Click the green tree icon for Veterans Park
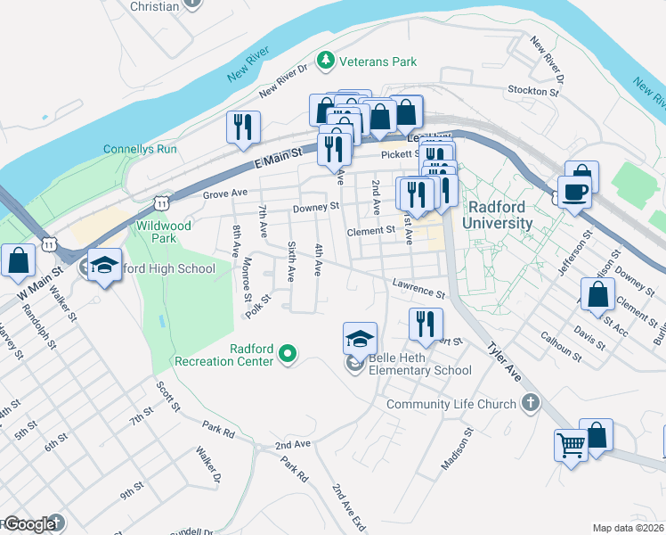point(327,61)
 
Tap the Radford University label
point(498,215)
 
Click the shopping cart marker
point(571,443)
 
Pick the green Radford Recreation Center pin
point(287,354)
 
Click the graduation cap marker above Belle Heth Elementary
point(360,339)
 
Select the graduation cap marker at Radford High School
point(104,265)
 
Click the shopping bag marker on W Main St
point(18,261)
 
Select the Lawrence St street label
point(418,287)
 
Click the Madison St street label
point(457,450)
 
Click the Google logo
point(30,524)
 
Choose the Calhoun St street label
point(561,348)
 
